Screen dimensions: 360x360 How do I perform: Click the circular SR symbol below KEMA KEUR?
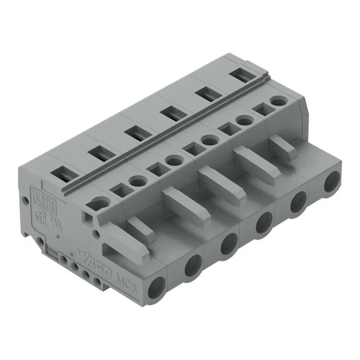pos(39,215)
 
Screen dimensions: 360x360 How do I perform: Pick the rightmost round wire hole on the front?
pos(333,182)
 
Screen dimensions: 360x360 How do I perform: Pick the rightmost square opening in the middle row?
pos(261,109)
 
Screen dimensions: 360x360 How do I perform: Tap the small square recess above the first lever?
pos(86,216)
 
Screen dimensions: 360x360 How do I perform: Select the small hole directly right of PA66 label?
pos(64,260)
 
